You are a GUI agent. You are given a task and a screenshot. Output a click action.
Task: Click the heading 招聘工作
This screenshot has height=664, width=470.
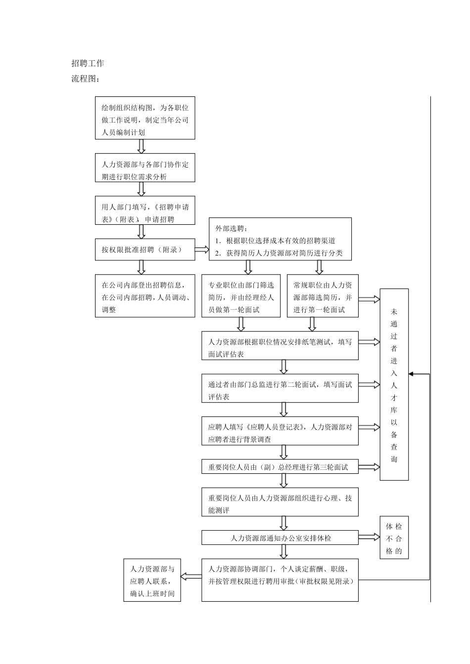click(88, 63)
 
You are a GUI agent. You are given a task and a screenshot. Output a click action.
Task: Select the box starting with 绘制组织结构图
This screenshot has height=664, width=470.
click(145, 118)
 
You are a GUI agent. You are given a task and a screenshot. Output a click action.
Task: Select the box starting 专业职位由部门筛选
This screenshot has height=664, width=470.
click(241, 295)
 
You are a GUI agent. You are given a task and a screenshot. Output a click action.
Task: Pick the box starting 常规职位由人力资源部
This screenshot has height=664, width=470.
click(323, 295)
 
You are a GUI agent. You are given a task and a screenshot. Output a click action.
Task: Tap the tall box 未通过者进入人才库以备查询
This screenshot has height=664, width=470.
click(394, 384)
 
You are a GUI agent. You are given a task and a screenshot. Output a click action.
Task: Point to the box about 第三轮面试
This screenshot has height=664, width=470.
click(280, 467)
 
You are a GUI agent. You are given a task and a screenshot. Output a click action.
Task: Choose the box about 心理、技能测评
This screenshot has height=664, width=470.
click(280, 502)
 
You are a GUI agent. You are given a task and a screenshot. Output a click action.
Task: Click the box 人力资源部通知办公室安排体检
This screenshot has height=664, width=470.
click(280, 538)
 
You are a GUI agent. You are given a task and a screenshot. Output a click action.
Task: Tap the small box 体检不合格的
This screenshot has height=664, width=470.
click(394, 538)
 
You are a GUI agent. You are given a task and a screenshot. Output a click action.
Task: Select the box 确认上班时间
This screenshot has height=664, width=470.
click(152, 580)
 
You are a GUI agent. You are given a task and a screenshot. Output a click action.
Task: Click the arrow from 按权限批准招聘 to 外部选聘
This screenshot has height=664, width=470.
click(202, 249)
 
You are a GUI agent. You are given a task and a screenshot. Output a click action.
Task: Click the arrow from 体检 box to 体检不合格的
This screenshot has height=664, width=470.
click(369, 538)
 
